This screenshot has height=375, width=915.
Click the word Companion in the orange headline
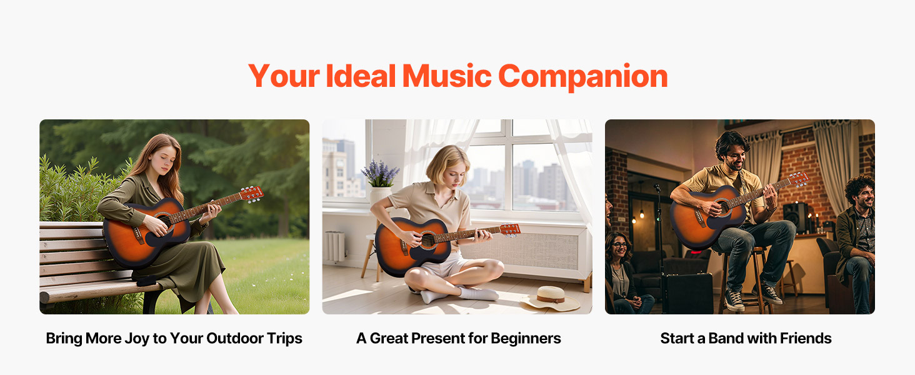click(582, 77)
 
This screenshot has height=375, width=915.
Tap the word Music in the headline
click(447, 76)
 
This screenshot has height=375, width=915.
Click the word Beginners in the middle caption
click(526, 339)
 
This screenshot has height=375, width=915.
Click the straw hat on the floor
click(550, 297)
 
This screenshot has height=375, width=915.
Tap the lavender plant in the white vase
click(380, 173)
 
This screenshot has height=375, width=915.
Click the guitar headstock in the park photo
click(252, 194)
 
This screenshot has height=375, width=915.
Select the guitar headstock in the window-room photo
click(510, 230)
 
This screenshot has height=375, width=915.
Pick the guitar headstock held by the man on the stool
click(799, 179)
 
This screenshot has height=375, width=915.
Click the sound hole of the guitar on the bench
click(164, 221)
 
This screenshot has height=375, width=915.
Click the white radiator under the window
click(336, 246)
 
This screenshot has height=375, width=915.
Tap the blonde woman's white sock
click(477, 293)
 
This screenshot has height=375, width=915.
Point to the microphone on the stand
click(657, 188)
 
